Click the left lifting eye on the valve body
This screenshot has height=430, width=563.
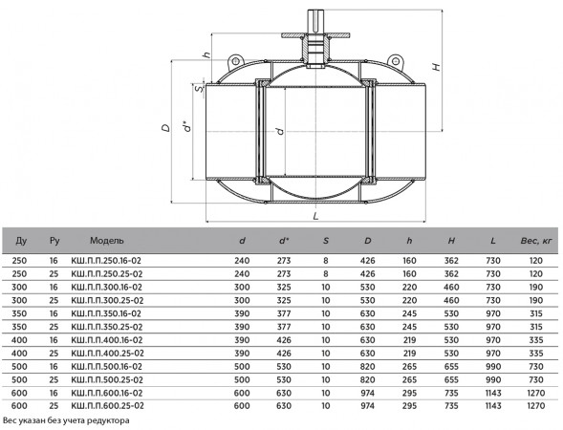tap(235, 61)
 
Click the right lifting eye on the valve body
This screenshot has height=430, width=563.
tap(396, 61)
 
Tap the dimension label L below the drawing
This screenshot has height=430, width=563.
tap(315, 216)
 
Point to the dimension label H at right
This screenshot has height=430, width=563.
tap(436, 67)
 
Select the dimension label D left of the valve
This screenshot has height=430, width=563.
tap(166, 128)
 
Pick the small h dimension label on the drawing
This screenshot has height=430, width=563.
tap(206, 54)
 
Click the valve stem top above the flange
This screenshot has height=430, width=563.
tap(315, 21)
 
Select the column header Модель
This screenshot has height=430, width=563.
tap(107, 241)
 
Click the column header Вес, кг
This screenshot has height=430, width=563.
tap(536, 241)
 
